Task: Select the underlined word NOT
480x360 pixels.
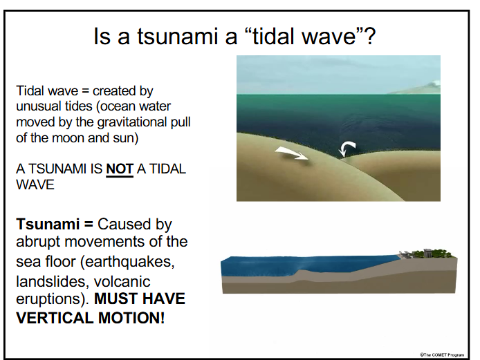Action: click(x=119, y=169)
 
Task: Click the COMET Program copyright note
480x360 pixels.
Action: click(x=442, y=353)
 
